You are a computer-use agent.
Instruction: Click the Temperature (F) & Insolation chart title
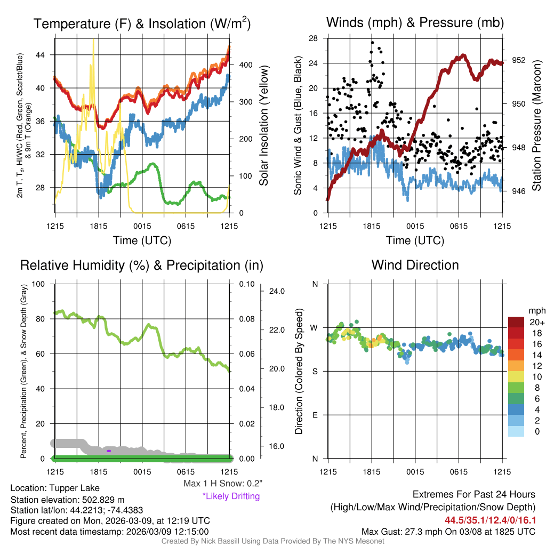[x=142, y=23]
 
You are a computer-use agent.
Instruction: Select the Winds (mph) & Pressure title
[x=415, y=22]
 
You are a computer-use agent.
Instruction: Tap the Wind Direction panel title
[x=415, y=265]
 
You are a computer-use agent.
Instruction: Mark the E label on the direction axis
[x=315, y=415]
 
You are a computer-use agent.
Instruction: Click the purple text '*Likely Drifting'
[x=231, y=496]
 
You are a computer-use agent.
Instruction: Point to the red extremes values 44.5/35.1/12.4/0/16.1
[x=490, y=519]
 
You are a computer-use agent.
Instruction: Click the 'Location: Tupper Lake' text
[x=55, y=488]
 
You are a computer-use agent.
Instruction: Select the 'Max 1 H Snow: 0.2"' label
[x=223, y=484]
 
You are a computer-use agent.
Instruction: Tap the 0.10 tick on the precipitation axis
[x=247, y=284]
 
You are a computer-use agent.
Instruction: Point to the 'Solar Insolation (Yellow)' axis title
[x=264, y=125]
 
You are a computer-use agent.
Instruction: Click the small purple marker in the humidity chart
[x=109, y=451]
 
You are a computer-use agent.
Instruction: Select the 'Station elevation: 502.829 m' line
[x=67, y=500]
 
